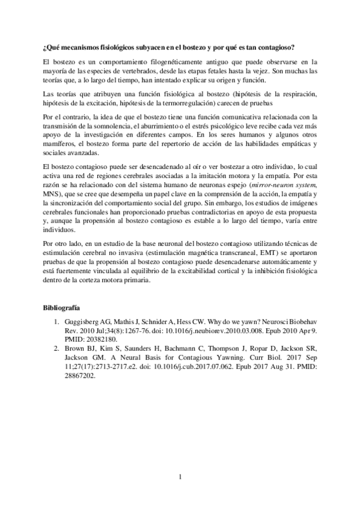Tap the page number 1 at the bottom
(180, 478)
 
